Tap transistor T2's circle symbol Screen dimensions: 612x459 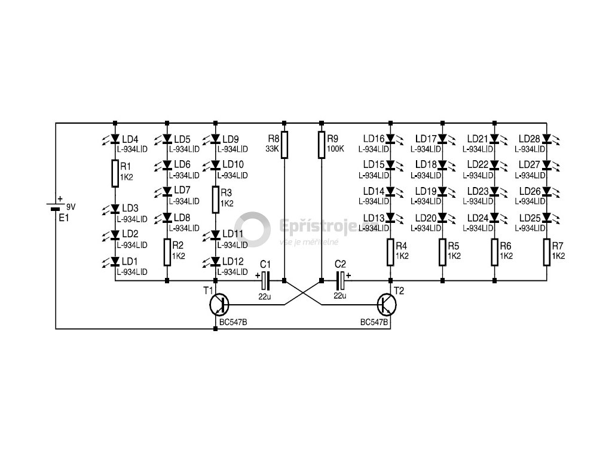coord(387,305)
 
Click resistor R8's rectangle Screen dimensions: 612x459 coord(284,145)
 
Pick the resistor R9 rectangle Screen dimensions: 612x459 coord(321,145)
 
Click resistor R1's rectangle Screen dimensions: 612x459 coord(115,174)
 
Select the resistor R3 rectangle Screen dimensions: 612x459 coord(216,200)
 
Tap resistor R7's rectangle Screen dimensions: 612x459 coord(547,252)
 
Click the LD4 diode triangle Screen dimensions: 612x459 coord(115,139)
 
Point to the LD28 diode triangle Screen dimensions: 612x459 coord(547,139)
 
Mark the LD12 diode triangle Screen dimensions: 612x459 coord(216,262)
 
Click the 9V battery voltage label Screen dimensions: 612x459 coord(71,207)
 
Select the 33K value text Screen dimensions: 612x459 coord(272,148)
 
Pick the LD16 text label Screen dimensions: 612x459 coord(373,139)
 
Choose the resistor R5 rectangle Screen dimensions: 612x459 coord(442,252)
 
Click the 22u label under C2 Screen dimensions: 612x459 coord(339,295)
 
